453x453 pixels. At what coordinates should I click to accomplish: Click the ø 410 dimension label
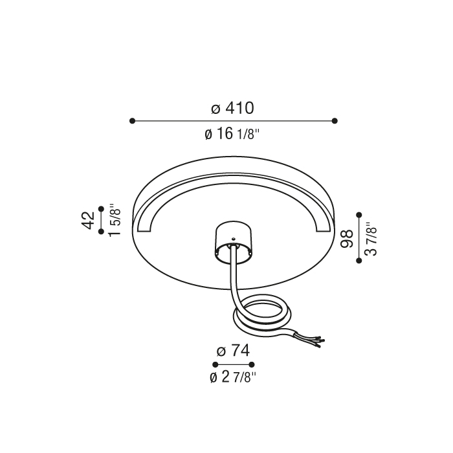click(x=232, y=108)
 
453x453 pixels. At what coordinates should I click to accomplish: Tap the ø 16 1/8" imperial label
click(x=232, y=134)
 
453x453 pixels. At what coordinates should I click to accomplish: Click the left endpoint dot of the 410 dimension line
click(x=132, y=121)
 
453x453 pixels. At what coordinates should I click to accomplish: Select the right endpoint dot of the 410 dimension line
click(x=335, y=121)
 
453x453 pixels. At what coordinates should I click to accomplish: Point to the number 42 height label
click(x=89, y=220)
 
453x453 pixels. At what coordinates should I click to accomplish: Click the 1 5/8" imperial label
click(x=114, y=219)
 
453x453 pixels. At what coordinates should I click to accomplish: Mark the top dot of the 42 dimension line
click(x=101, y=208)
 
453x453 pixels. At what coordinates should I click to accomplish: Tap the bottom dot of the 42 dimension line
click(x=101, y=231)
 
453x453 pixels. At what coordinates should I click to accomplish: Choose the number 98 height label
click(x=347, y=239)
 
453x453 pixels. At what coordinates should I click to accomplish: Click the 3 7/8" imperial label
click(x=371, y=239)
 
